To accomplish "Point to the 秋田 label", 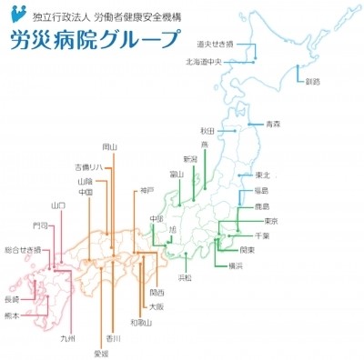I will click(207, 131).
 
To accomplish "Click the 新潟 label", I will click(189, 159).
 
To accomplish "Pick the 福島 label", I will click(261, 191).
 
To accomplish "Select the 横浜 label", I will click(236, 265).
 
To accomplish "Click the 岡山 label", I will click(110, 146).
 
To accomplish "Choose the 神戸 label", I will click(147, 190).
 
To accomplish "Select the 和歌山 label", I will click(140, 322).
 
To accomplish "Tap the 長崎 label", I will click(12, 299).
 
